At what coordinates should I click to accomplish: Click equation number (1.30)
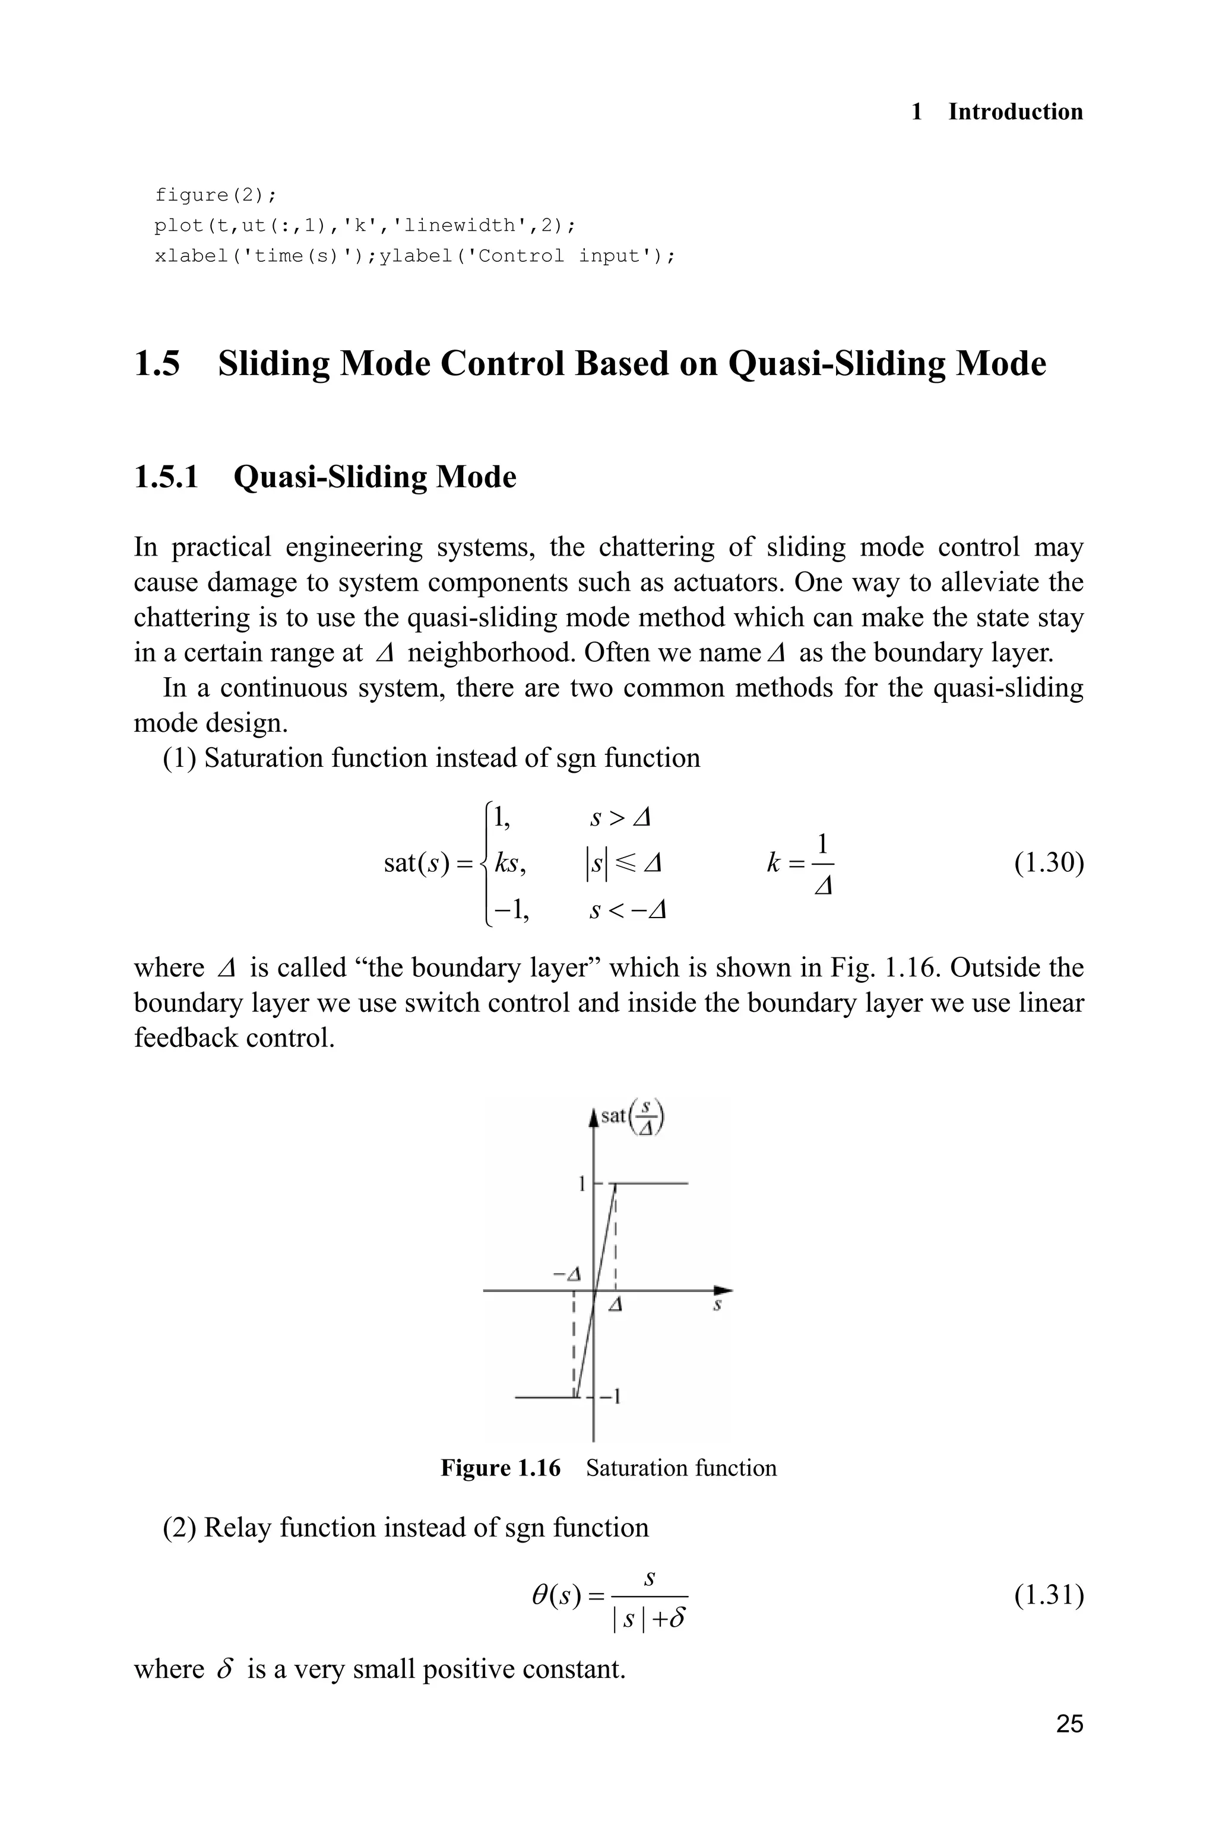coord(1049,863)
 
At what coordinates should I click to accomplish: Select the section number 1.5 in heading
coord(157,364)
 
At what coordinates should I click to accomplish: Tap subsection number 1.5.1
coord(166,477)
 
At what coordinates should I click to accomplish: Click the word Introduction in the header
coord(1015,112)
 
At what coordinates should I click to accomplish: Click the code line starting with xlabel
coord(415,256)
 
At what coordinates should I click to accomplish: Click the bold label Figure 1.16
coord(500,1468)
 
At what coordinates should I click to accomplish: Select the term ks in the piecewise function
coord(509,863)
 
